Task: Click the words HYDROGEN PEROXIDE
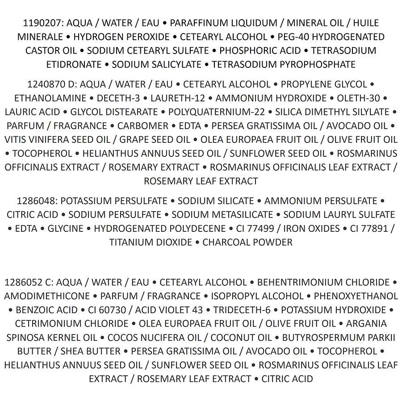pyautogui.click(x=121, y=37)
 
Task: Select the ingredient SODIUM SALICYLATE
pyautogui.click(x=156, y=64)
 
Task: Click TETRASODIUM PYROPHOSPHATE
pyautogui.click(x=284, y=64)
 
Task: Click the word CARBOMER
pyautogui.click(x=143, y=126)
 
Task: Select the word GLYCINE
pyautogui.click(x=66, y=229)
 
